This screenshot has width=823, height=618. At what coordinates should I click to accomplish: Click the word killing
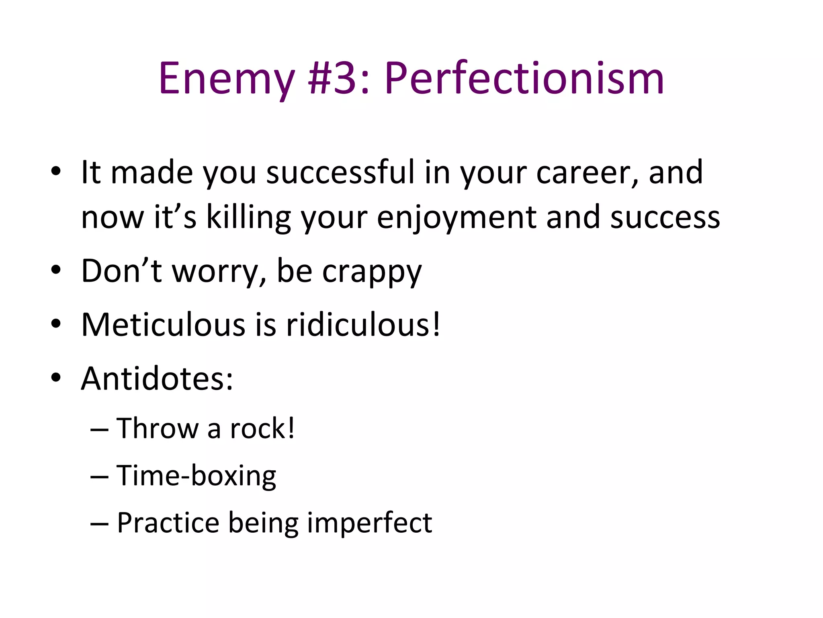248,217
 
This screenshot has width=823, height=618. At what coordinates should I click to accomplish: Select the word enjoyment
457,217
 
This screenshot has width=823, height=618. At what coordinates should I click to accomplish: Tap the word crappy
372,272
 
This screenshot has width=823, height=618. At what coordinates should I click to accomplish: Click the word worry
219,272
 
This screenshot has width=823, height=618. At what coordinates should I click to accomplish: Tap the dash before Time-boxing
99,477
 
